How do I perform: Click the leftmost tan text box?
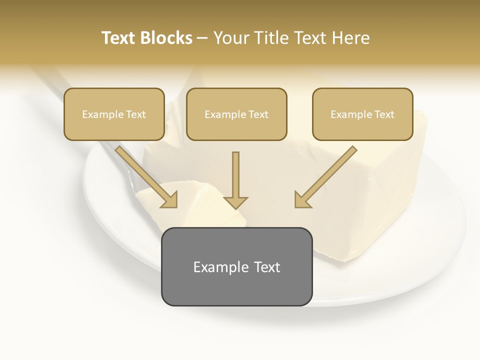click(114, 114)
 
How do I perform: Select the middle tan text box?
click(236, 114)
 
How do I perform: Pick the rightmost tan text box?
click(362, 114)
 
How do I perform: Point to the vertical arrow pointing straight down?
click(235, 177)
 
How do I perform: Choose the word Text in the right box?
click(384, 114)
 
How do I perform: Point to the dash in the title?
click(203, 38)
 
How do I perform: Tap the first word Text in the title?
click(120, 38)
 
